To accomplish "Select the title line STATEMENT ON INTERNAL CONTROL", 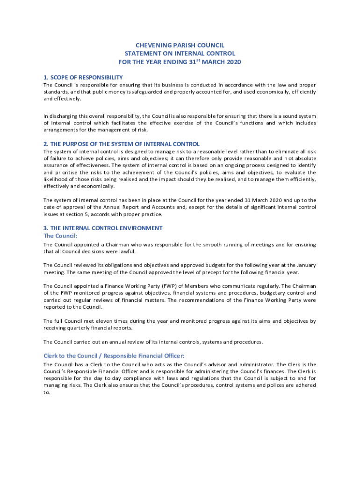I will click(180, 54).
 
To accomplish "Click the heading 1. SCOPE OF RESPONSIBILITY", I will click(83, 77).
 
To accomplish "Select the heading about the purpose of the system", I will click(122, 144).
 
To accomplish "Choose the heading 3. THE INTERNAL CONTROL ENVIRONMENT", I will click(103, 228).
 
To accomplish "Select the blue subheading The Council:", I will click(60, 236).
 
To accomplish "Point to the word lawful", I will click(144, 252).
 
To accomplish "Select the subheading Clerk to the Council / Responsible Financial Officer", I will click(117, 356).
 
